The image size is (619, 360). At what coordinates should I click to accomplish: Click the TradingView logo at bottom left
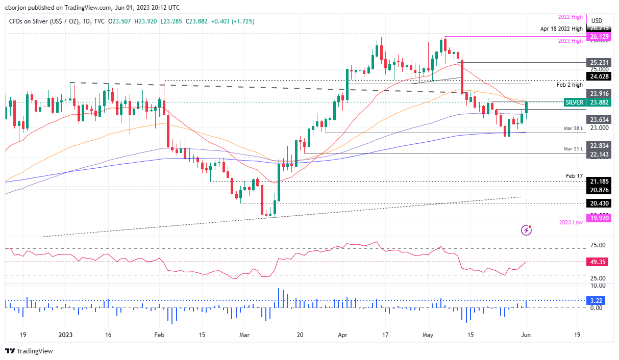[29, 351]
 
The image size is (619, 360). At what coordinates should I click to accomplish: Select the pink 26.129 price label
[599, 37]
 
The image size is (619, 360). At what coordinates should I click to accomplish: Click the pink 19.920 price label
[599, 218]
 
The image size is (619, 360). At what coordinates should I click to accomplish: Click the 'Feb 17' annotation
[574, 175]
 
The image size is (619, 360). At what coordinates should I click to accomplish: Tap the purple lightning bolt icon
[526, 230]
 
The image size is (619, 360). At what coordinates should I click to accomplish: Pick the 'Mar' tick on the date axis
[244, 335]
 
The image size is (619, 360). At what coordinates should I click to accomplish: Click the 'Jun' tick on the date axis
[527, 335]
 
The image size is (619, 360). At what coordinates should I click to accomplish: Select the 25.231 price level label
[599, 62]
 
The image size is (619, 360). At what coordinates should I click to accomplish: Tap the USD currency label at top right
[597, 20]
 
